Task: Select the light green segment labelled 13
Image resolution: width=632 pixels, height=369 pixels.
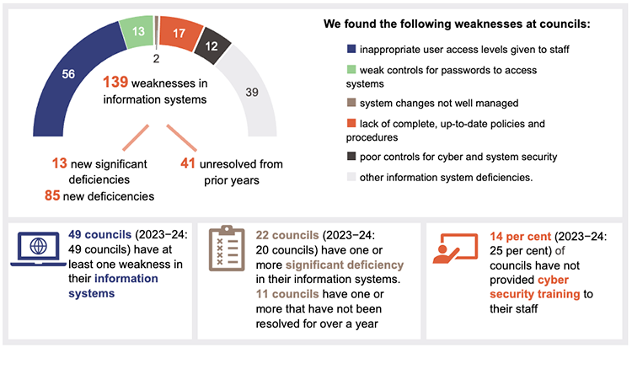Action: point(137,32)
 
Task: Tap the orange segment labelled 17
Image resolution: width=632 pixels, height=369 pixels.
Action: point(177,34)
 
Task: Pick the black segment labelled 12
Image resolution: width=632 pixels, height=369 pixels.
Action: point(206,45)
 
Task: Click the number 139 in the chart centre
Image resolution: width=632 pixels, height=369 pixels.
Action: point(115,83)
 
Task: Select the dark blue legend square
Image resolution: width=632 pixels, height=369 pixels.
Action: point(351,49)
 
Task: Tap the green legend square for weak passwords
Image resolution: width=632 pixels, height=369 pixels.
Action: point(351,70)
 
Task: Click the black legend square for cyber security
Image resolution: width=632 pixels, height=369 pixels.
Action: point(351,157)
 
